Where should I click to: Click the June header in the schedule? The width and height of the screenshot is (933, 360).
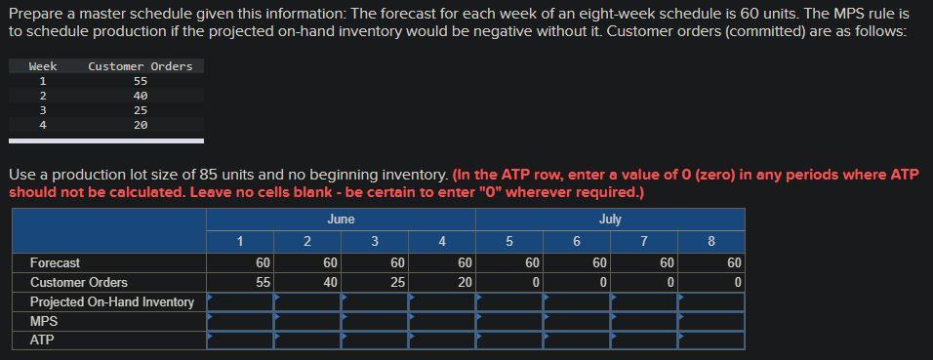pos(341,220)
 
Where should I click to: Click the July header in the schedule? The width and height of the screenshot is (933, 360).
pos(610,220)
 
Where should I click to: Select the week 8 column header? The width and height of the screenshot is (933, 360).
pos(710,241)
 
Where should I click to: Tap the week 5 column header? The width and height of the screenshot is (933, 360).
pos(508,241)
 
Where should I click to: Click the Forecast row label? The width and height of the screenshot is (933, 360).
pos(56,262)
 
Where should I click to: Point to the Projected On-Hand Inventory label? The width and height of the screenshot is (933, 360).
pos(112,301)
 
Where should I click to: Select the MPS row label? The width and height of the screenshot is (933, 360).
pos(44,321)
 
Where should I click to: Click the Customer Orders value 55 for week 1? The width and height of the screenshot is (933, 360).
pos(263,282)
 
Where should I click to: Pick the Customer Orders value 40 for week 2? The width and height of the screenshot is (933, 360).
pos(330,282)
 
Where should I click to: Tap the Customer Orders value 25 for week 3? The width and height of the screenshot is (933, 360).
pos(397,282)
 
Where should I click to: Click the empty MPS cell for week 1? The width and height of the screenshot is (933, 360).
pos(240,321)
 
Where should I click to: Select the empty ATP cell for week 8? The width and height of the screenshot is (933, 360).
pos(710,340)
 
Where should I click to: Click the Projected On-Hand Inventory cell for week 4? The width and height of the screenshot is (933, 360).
pos(442,301)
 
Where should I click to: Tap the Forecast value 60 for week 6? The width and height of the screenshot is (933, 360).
pos(599,262)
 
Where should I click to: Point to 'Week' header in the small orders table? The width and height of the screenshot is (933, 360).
pos(43,66)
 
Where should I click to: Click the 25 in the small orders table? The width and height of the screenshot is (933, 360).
pos(141,110)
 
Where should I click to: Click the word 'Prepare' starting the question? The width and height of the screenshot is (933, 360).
pos(37,15)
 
